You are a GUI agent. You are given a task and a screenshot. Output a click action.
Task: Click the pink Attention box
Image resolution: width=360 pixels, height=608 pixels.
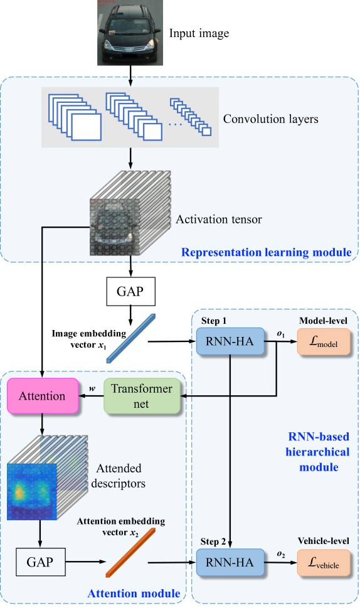pos(43,396)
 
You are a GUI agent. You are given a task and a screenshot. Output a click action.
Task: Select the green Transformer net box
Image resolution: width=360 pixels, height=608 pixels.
pos(142,396)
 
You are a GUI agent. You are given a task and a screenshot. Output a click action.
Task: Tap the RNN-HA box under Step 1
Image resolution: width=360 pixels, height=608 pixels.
pos(230,341)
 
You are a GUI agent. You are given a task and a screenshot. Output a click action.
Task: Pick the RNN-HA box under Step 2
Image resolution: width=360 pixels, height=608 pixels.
pos(230,562)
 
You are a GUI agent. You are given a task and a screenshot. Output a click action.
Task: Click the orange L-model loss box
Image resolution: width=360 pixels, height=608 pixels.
pos(324,341)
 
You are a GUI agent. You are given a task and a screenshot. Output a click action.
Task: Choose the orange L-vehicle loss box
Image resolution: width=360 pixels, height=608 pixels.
pos(324,562)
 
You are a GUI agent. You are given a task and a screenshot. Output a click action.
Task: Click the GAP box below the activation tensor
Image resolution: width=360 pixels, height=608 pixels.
pos(130,291)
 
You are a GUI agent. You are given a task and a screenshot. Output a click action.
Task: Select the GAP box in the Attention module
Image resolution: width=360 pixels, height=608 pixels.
pos(40,562)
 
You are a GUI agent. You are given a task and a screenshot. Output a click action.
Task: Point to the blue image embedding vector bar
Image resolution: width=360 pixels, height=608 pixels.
pos(130,339)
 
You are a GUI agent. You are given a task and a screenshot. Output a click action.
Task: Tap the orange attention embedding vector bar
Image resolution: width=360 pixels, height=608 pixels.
pos(130,553)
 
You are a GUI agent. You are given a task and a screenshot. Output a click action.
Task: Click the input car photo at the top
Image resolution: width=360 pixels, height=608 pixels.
pos(130,33)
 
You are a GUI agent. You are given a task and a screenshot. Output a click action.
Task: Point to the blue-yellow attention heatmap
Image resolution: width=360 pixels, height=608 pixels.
pos(32,492)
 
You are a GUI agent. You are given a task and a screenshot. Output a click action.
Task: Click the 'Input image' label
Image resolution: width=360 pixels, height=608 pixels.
pos(199,33)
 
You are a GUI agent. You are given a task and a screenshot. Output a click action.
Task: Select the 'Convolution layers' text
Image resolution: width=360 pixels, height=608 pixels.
pos(270,119)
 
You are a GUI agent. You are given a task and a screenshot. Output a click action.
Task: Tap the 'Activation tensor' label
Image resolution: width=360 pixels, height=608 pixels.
pos(218,220)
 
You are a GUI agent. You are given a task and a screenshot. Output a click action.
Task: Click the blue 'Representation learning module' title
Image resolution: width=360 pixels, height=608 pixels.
pos(267,252)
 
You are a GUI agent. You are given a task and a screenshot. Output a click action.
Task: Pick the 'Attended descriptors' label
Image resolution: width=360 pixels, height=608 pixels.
pos(119,476)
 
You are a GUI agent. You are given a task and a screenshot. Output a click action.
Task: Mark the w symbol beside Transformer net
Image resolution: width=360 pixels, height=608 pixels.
pos(92,388)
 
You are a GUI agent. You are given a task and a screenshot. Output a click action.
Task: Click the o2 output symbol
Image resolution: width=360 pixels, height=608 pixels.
pos(281,555)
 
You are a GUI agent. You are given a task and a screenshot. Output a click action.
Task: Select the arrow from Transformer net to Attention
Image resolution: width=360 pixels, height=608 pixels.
pos(92,396)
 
